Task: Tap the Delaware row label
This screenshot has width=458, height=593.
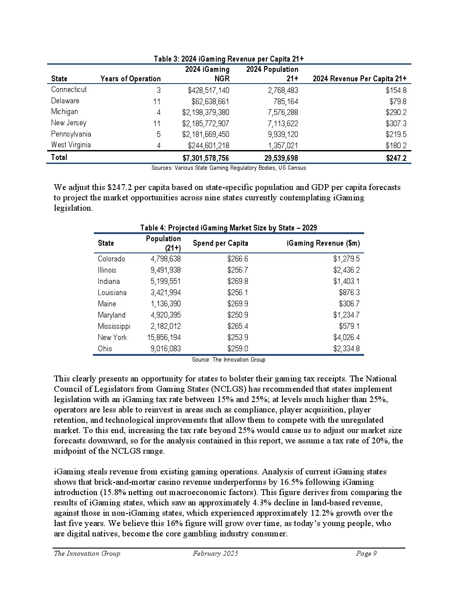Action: (x=65, y=101)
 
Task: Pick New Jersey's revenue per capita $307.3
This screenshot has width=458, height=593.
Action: (x=396, y=124)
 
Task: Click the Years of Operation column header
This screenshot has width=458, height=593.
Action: (x=130, y=79)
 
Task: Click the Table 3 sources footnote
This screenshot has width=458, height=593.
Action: (x=229, y=168)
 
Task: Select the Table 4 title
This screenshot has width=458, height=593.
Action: (x=229, y=228)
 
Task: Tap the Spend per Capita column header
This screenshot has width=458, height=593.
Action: (x=220, y=243)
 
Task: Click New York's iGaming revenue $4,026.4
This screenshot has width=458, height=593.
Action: (x=346, y=337)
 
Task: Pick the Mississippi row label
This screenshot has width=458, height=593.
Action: (x=114, y=326)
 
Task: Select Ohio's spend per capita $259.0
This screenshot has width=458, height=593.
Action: (x=238, y=349)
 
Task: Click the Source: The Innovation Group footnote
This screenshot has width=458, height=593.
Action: (x=229, y=360)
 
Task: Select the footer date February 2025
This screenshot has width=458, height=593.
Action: (x=216, y=553)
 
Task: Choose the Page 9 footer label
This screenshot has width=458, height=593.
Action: (x=366, y=553)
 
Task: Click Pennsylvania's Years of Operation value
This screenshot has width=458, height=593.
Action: (x=159, y=134)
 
